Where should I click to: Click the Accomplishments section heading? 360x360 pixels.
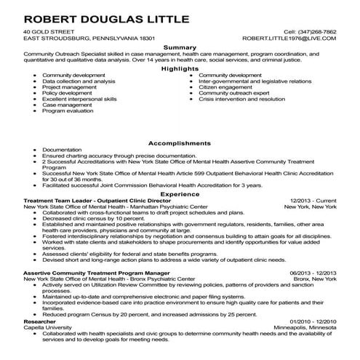[x=180, y=143]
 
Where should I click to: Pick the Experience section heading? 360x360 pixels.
[x=180, y=194]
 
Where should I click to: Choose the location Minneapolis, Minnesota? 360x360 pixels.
[x=304, y=327]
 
